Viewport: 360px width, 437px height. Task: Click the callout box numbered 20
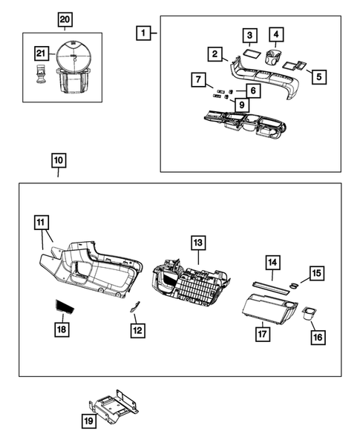pyautogui.click(x=65, y=19)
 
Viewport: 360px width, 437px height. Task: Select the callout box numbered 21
pyautogui.click(x=42, y=52)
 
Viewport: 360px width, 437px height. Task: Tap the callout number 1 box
pyautogui.click(x=143, y=33)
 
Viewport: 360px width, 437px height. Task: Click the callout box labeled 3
pyautogui.click(x=250, y=36)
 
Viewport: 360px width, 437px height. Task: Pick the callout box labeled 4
pyautogui.click(x=276, y=34)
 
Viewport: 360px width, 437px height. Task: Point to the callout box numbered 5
pyautogui.click(x=320, y=75)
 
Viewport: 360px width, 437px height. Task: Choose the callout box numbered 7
pyautogui.click(x=197, y=79)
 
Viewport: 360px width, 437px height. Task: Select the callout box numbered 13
pyautogui.click(x=197, y=243)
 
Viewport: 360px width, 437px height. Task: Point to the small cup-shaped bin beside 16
pyautogui.click(x=310, y=313)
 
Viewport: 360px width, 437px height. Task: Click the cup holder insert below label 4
pyautogui.click(x=275, y=59)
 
